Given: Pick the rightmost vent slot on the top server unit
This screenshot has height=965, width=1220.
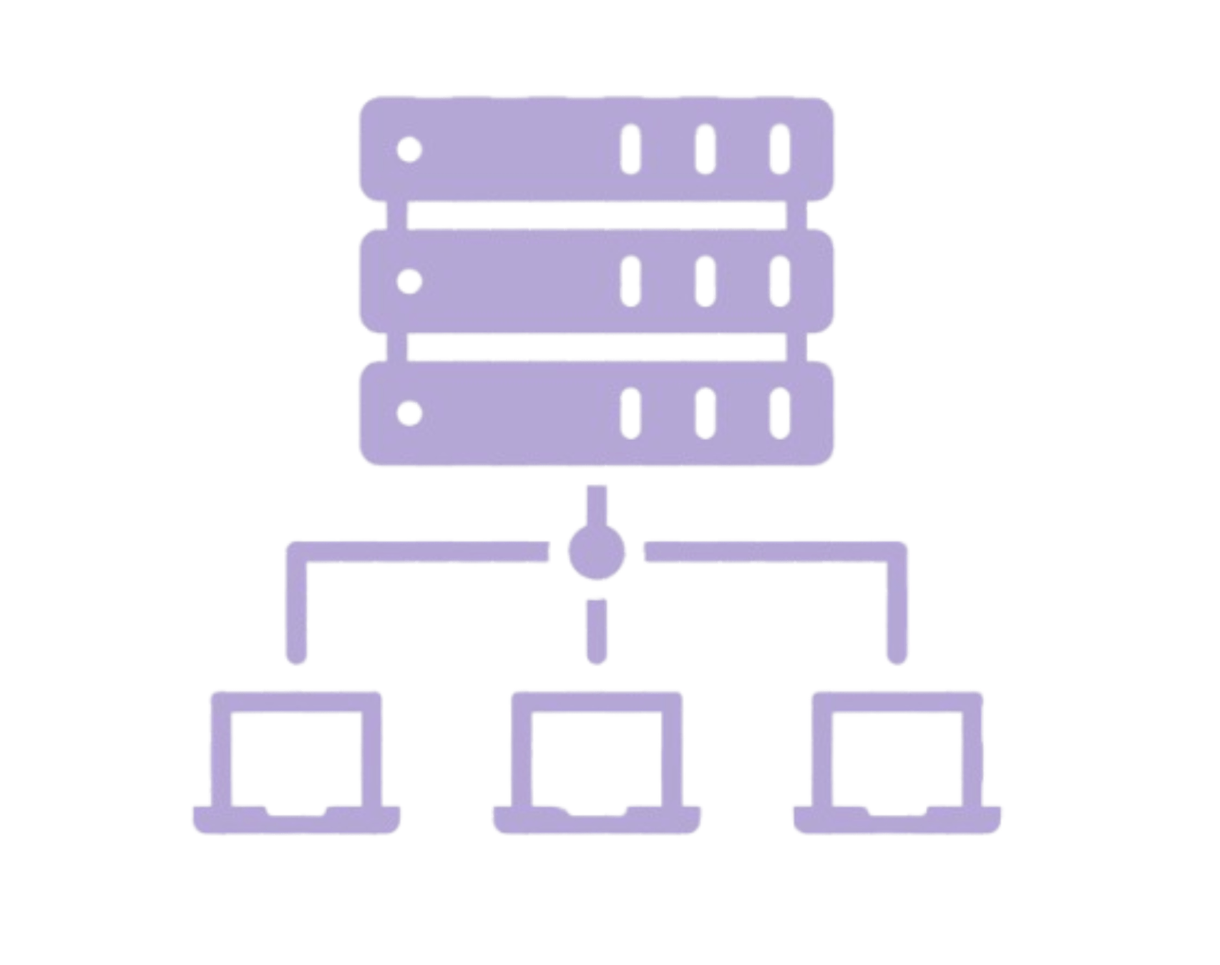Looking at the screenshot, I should click(779, 150).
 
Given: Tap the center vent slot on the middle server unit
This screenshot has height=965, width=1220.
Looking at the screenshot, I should click(706, 282).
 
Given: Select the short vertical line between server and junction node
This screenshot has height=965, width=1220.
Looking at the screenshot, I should click(597, 505).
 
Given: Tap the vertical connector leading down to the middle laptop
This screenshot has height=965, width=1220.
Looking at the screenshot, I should click(597, 630).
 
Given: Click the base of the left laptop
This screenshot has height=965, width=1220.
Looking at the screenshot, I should click(296, 821).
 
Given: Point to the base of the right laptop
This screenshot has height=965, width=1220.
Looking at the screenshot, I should click(897, 821).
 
